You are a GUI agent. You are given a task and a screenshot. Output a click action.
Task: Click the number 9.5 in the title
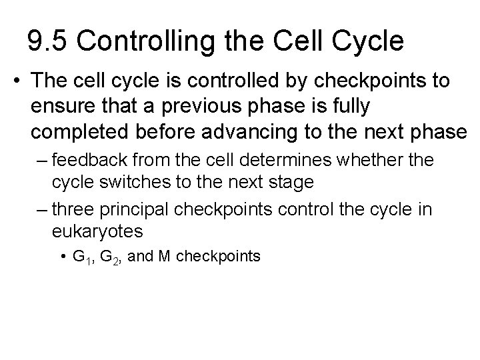(47, 41)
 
